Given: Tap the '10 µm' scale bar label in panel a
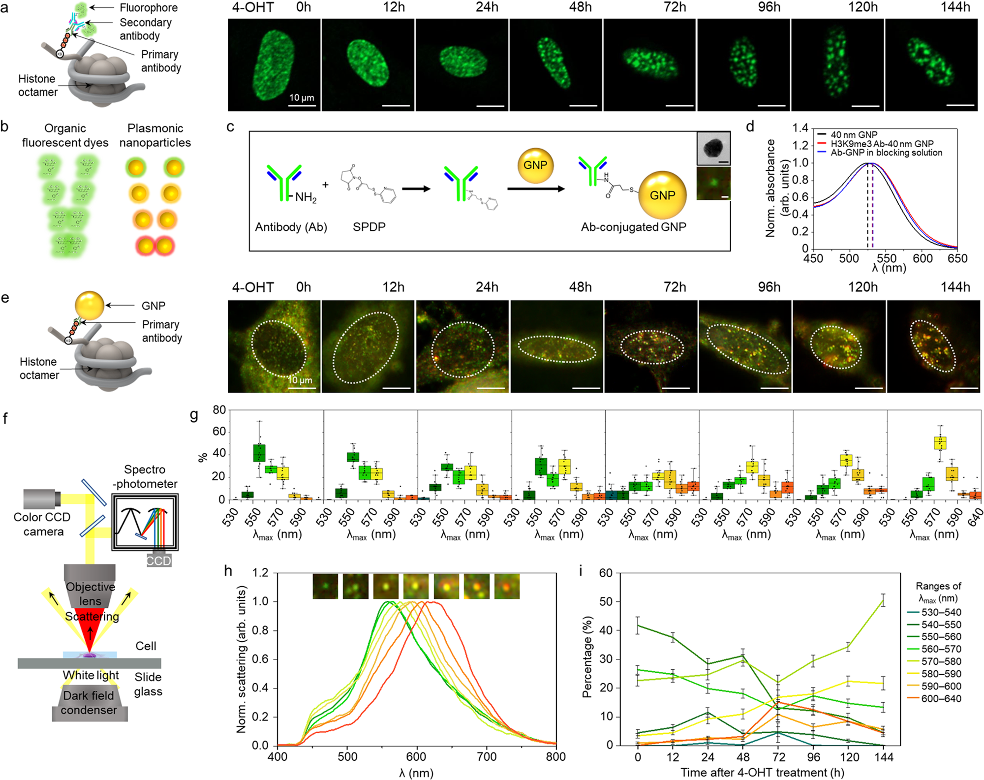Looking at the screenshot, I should tap(302, 97).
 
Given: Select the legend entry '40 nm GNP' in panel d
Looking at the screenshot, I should tap(854, 135).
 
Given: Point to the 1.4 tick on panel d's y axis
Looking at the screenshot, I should tap(800, 128).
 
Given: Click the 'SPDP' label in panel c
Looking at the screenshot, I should tap(369, 227).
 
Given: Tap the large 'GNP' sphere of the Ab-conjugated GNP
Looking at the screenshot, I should tap(662, 195).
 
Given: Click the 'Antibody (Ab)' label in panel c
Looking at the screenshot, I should tap(291, 227).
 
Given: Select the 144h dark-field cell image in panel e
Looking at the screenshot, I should tap(933, 346).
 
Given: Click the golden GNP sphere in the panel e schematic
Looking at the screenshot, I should tap(90, 306).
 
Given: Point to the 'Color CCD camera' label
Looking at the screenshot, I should tap(42, 524).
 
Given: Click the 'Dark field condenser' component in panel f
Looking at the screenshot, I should tap(90, 703).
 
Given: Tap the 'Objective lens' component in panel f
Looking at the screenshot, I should tap(90, 589).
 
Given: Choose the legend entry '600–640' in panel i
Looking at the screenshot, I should tap(941, 698).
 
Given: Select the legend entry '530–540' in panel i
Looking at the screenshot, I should tap(941, 612).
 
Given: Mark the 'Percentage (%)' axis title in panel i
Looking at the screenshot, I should tap(586, 659).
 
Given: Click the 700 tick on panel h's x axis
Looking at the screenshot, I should tap(487, 757).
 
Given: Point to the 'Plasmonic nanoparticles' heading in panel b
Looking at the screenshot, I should tap(155, 135).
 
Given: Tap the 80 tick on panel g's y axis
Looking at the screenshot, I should tap(219, 410).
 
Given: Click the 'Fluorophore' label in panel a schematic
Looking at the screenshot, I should tap(149, 8).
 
